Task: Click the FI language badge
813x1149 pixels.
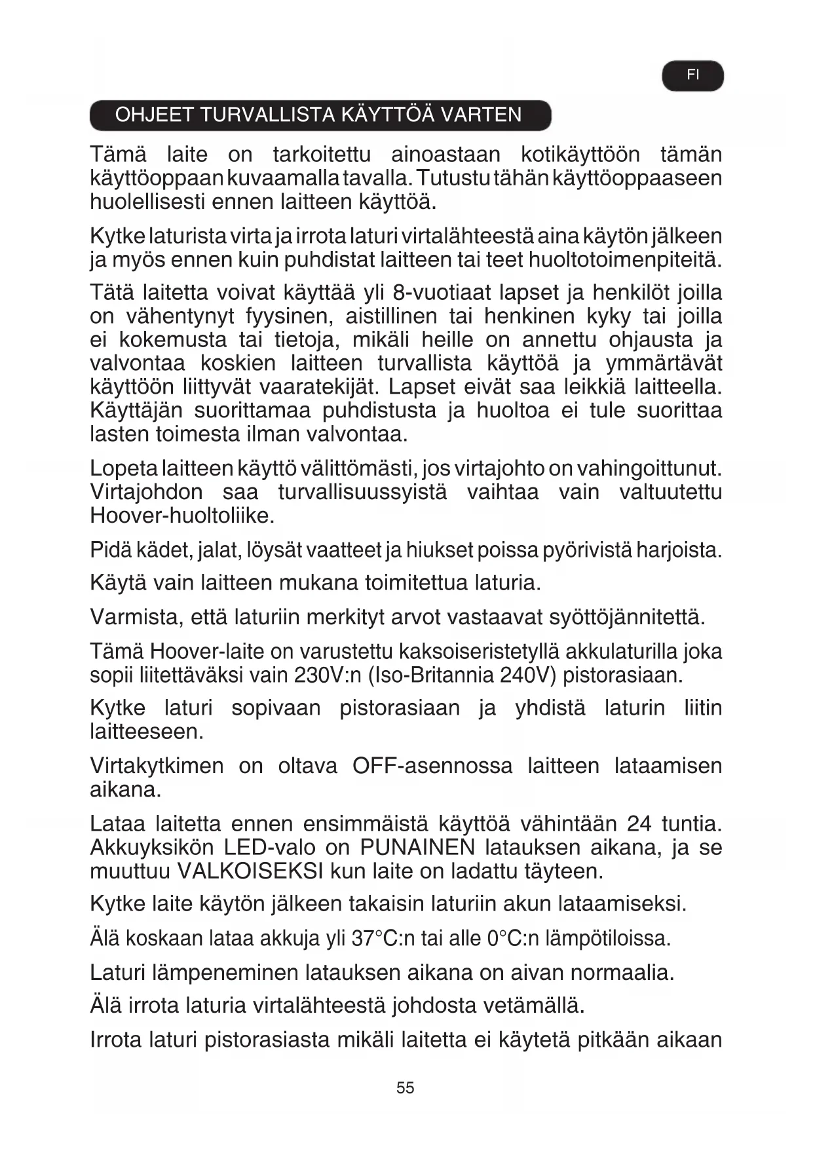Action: click(x=692, y=75)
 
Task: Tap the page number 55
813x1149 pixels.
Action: click(x=406, y=1087)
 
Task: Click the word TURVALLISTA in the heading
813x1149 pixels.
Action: click(x=270, y=115)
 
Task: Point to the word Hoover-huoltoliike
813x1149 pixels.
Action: click(x=182, y=516)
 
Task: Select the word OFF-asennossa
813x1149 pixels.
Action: click(x=432, y=766)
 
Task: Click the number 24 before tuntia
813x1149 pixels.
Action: click(x=639, y=823)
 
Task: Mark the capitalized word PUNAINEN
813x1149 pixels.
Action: click(x=417, y=847)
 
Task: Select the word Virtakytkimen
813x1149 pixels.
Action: click(x=157, y=766)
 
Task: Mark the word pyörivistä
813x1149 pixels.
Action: click(x=587, y=550)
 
